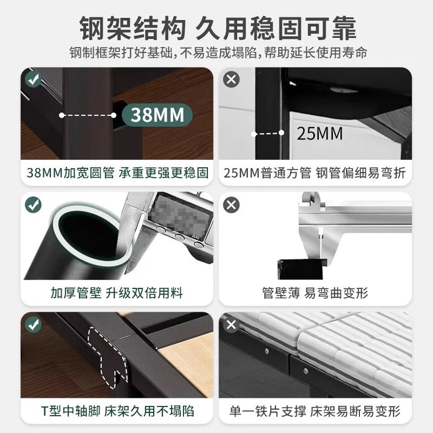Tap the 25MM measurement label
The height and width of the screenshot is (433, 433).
320,133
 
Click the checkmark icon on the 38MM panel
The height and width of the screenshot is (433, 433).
34,80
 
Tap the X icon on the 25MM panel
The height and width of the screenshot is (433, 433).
232,80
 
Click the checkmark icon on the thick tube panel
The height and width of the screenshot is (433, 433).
34,205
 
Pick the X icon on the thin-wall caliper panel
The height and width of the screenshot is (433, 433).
232,205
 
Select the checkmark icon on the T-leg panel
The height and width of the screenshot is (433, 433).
34,325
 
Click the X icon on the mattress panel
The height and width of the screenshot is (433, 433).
232,325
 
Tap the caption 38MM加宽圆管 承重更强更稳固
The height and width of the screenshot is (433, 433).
117,173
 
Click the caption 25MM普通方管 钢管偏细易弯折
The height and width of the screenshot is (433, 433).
315,173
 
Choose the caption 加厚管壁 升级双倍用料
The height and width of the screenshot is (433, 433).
117,293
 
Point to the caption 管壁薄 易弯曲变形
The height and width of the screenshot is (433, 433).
315,293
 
